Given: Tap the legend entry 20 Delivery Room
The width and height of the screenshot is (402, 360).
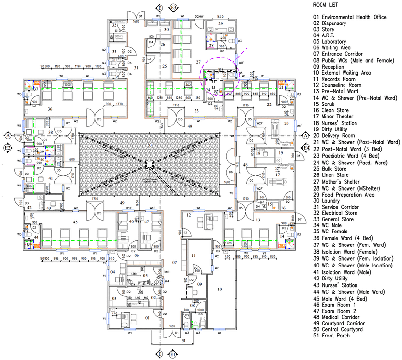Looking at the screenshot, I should click(339, 135).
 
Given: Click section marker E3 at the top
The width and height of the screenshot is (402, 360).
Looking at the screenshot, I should click(173, 7).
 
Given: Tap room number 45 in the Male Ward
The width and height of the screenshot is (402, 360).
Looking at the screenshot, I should click(75, 222).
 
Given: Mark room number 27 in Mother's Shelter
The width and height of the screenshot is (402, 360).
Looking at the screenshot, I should click(198, 63).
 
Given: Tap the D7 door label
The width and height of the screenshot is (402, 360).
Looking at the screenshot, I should click(299, 220).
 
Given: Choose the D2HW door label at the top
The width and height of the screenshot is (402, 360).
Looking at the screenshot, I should click(199, 16).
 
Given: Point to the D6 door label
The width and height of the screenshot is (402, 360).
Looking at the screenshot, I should click(230, 171).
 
